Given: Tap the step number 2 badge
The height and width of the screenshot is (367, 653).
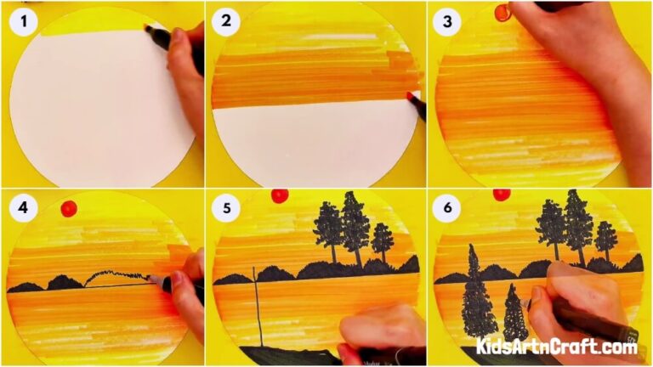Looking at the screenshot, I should (226, 22).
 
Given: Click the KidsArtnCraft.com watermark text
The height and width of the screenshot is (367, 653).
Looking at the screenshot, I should (556, 346).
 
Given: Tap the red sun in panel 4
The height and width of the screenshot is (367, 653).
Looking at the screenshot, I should (69, 208).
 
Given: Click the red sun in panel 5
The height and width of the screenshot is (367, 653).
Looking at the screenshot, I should (279, 195).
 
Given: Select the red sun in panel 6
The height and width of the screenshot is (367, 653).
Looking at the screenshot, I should (502, 195).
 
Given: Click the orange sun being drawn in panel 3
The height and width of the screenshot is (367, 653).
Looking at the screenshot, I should (503, 12).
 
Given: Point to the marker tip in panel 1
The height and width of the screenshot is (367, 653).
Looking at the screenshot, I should (150, 31).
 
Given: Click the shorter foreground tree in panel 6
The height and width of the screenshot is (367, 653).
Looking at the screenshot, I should (514, 314).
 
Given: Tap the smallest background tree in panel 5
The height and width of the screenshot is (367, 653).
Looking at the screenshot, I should (383, 240).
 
